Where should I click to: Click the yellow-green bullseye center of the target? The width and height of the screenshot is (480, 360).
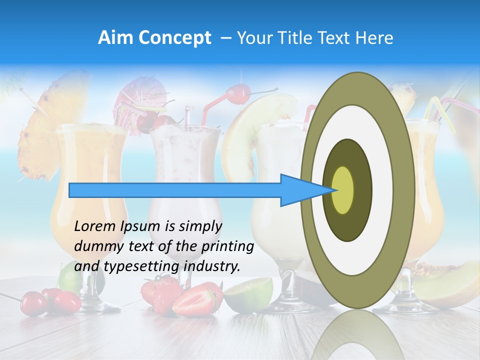coord(343,190)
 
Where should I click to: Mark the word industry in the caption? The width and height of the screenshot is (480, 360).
coord(212,266)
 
